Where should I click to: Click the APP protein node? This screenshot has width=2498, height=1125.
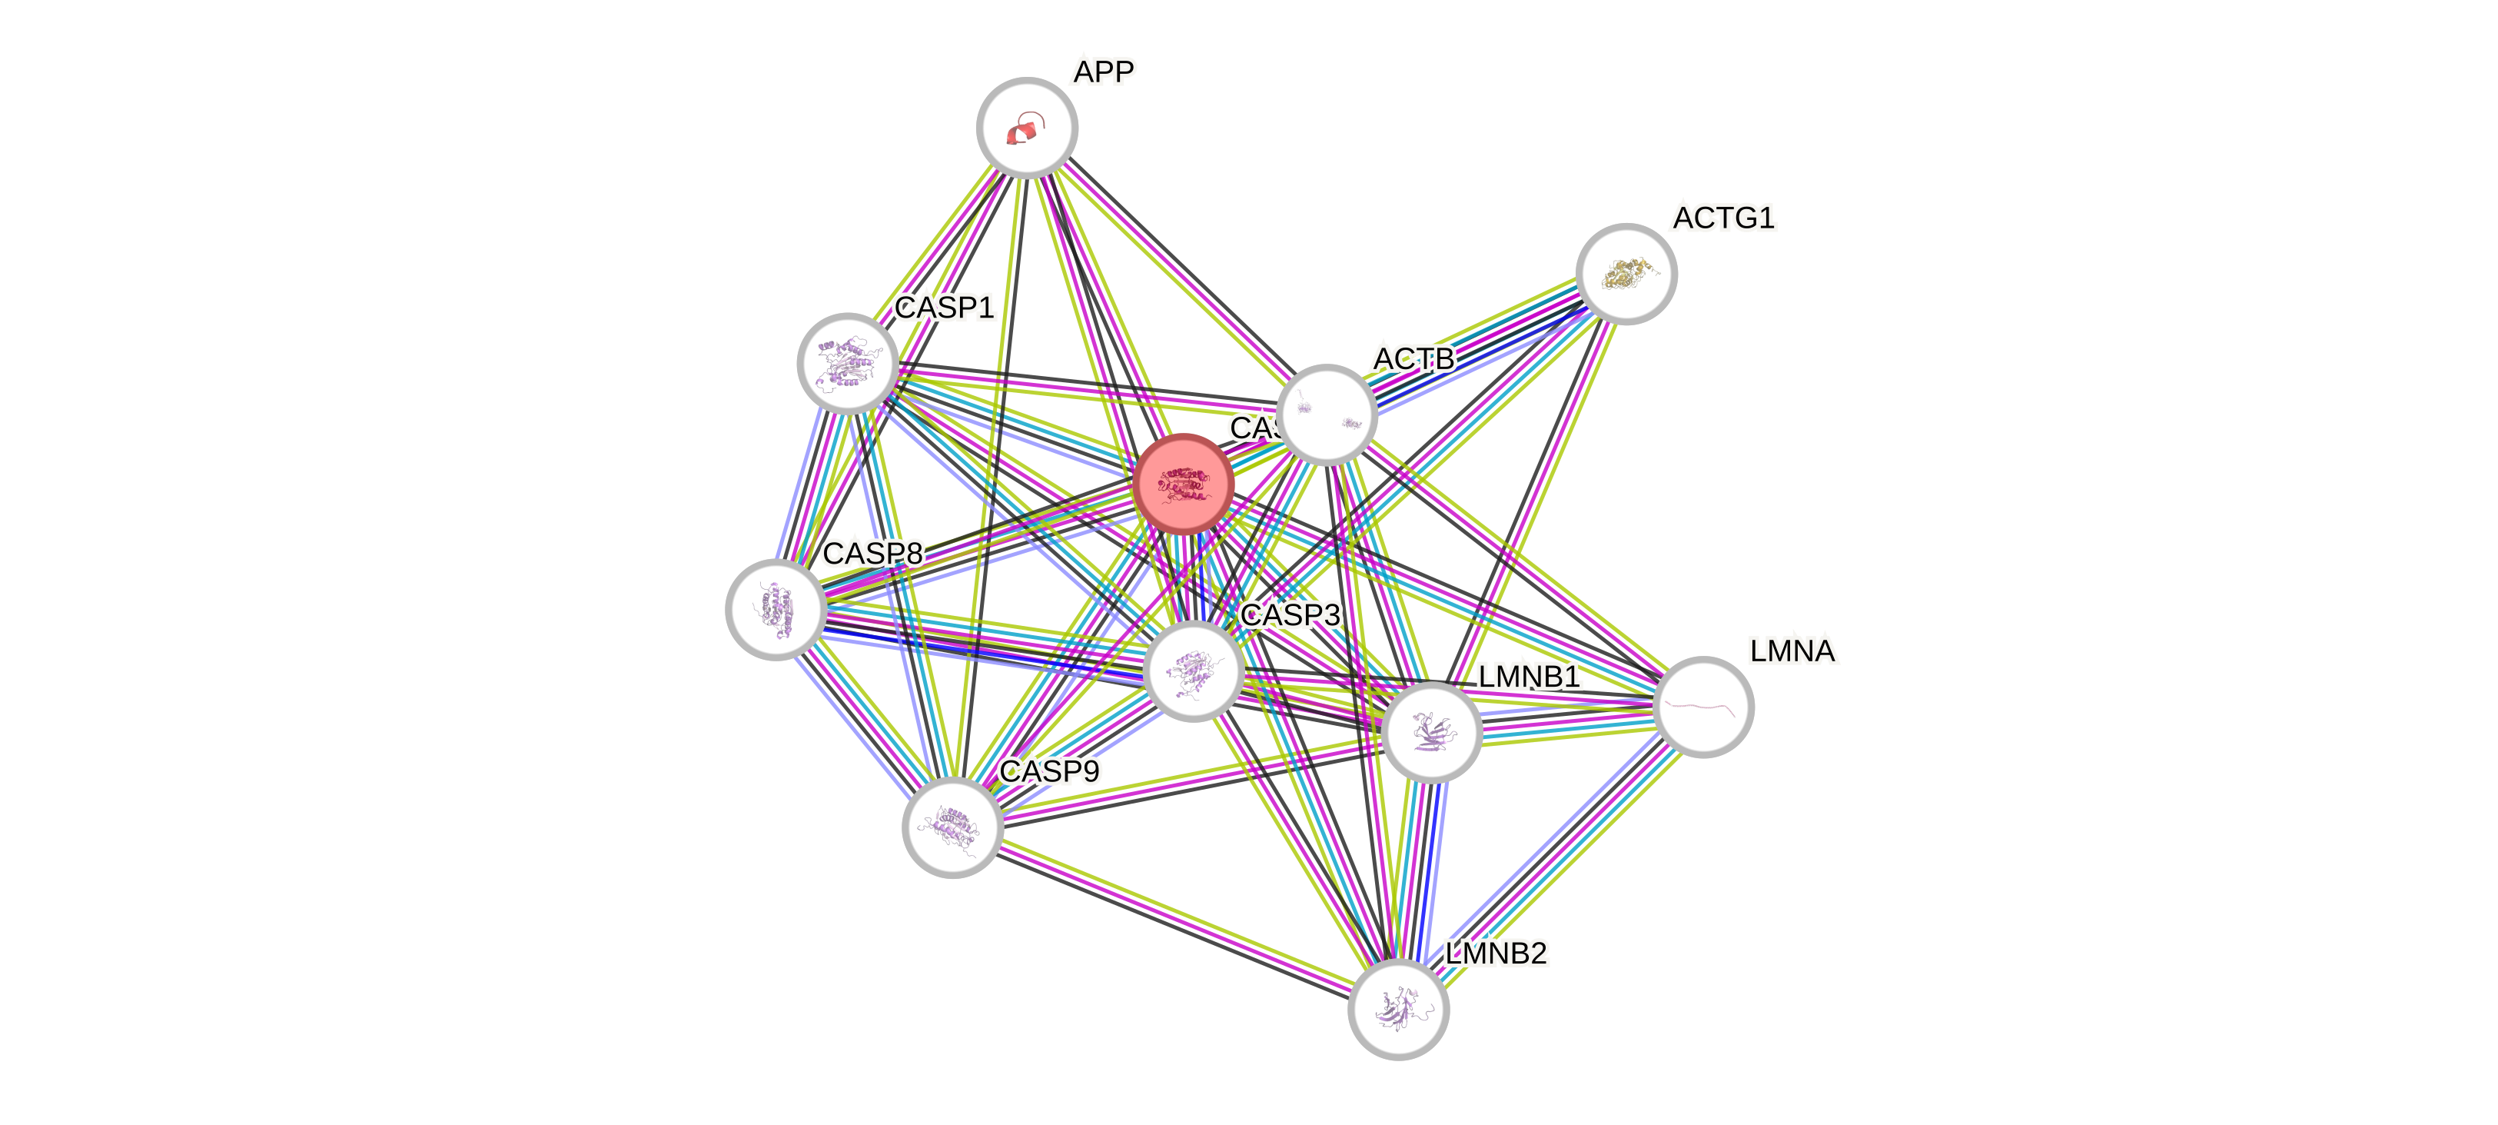pyautogui.click(x=1026, y=127)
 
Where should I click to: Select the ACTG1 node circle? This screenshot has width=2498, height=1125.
pyautogui.click(x=1626, y=275)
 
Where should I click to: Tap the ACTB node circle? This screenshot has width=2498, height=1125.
pyautogui.click(x=1326, y=414)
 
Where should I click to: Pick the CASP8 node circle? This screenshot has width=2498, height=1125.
pyautogui.click(x=776, y=609)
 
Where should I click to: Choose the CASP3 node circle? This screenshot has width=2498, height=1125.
pyautogui.click(x=1193, y=671)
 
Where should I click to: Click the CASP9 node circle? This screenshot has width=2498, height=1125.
pyautogui.click(x=952, y=827)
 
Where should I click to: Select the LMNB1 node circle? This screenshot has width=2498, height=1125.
pyautogui.click(x=1431, y=731)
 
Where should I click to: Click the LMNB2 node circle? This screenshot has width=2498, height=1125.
pyautogui.click(x=1398, y=1010)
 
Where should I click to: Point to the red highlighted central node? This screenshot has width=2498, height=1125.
pyautogui.click(x=1183, y=483)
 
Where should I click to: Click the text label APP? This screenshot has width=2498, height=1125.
pyautogui.click(x=1104, y=72)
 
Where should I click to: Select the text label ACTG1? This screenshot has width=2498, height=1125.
pyautogui.click(x=1723, y=218)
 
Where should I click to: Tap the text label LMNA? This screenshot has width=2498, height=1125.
pyautogui.click(x=1792, y=651)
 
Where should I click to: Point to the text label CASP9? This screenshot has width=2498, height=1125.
pyautogui.click(x=1049, y=771)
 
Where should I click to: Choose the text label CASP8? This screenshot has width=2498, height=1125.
pyautogui.click(x=872, y=554)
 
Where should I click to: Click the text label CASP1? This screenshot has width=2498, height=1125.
pyautogui.click(x=944, y=308)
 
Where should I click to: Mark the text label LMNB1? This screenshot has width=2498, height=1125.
pyautogui.click(x=1530, y=676)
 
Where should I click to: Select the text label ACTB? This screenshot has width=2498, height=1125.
pyautogui.click(x=1413, y=359)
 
